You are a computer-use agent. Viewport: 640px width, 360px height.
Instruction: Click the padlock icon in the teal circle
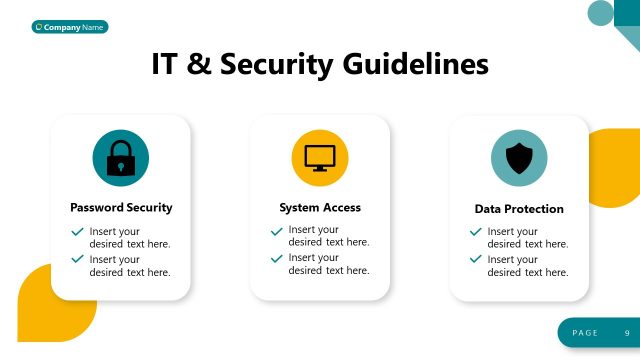pos(120,158)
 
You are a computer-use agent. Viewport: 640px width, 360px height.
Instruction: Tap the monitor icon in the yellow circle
pos(319,158)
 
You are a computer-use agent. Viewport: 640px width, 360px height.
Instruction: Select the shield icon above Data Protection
pos(519,158)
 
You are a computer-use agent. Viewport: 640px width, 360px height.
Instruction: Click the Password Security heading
pos(121,208)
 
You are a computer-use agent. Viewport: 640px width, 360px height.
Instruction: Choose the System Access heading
pos(320,208)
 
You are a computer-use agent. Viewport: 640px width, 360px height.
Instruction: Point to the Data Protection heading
pos(519,209)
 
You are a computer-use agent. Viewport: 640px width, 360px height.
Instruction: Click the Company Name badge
pos(69,27)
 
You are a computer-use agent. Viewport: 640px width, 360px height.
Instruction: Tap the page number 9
pos(627,332)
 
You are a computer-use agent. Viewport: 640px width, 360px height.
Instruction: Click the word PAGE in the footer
pos(585,332)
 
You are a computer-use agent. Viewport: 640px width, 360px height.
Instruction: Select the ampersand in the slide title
pos(200,64)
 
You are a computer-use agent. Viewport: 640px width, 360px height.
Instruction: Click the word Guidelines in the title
pos(416,64)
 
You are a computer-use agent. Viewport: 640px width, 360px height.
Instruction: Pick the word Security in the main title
pos(276,64)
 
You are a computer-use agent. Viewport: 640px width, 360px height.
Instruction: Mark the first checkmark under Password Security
pos(77,231)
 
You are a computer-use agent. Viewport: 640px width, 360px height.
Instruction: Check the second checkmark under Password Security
pos(77,259)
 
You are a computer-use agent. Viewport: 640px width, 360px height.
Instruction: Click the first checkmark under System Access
pos(276,231)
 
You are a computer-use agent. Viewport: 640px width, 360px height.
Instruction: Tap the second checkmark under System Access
pos(276,258)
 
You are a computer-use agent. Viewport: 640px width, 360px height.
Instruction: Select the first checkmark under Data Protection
pos(476,232)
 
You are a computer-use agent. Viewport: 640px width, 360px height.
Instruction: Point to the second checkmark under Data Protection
pos(476,259)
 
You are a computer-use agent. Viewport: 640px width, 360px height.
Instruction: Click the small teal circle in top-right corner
pos(600,12)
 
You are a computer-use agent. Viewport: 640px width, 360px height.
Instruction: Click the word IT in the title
pos(166,64)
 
